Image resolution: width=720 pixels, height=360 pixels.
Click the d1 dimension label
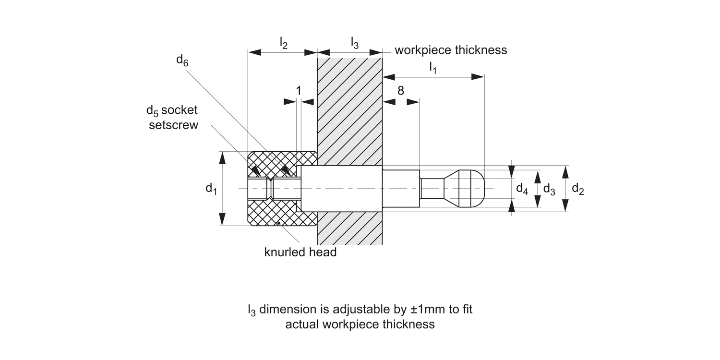tap(211, 189)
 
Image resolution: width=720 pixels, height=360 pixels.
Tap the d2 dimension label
tap(577, 190)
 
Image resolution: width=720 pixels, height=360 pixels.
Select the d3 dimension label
tap(549, 190)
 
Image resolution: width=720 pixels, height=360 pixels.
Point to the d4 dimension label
tap(522, 189)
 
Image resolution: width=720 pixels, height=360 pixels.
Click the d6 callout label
tap(182, 60)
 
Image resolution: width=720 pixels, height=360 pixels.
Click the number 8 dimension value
tap(401, 91)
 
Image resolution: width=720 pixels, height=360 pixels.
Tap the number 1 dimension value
tap(299, 91)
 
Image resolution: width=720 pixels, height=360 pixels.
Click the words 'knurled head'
tap(300, 252)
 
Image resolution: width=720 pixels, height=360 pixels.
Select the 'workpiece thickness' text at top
tap(450, 50)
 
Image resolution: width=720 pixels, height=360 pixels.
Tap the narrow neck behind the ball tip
tap(432, 188)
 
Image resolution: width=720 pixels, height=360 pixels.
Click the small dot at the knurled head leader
tap(278, 223)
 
